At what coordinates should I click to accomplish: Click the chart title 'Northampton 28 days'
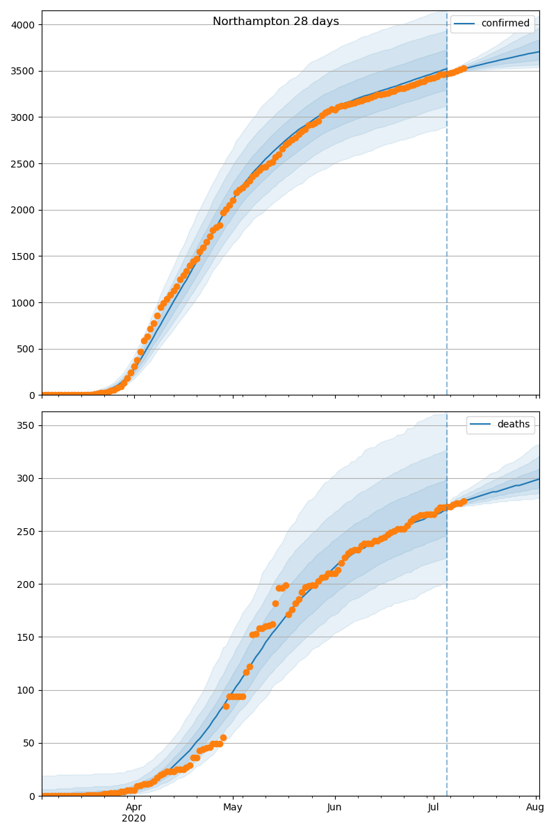point(276,22)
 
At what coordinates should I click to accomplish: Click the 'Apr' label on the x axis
point(134,807)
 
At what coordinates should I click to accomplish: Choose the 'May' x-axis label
point(233,807)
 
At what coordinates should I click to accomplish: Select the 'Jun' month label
point(334,807)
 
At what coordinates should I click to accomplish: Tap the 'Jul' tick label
point(434,807)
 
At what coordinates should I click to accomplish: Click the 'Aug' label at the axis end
point(535,807)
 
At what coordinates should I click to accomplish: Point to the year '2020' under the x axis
point(134,819)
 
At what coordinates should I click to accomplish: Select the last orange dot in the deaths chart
point(464,501)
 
